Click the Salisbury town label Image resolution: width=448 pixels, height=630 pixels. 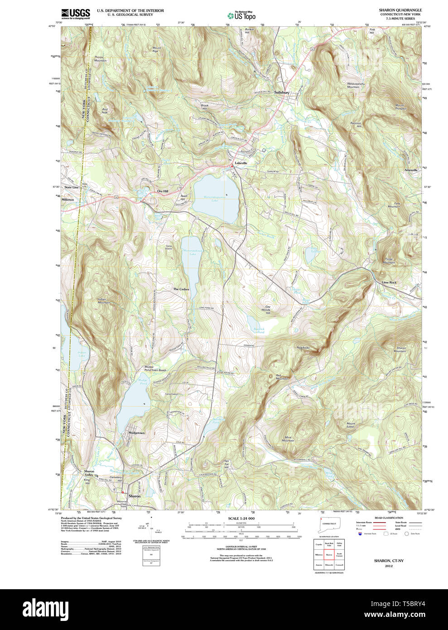pyautogui.click(x=281, y=92)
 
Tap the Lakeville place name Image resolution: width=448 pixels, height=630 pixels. pyautogui.click(x=241, y=163)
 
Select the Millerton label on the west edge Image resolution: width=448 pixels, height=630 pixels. pyautogui.click(x=68, y=199)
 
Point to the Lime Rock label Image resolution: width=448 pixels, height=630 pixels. pyautogui.click(x=389, y=282)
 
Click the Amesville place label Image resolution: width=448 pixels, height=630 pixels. pyautogui.click(x=411, y=170)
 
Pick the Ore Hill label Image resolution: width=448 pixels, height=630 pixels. pyautogui.click(x=163, y=191)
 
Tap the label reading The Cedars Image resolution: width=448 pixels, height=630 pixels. pyautogui.click(x=181, y=289)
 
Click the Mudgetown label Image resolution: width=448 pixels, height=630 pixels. pyautogui.click(x=136, y=433)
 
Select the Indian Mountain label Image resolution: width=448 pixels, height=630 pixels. pyautogui.click(x=104, y=300)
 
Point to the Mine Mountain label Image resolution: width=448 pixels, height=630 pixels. pyautogui.click(x=288, y=439)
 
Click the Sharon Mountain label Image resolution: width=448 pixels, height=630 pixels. pyautogui.click(x=400, y=349)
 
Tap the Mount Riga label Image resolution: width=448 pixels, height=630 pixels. pyautogui.click(x=156, y=49)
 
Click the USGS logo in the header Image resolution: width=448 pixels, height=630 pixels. pyautogui.click(x=76, y=14)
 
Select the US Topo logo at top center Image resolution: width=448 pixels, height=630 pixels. pyautogui.click(x=241, y=15)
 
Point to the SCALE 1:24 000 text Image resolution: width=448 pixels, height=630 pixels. pyautogui.click(x=241, y=519)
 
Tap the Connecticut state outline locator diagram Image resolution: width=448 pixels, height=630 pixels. pyautogui.click(x=328, y=524)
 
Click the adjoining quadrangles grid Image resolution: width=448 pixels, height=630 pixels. pyautogui.click(x=329, y=554)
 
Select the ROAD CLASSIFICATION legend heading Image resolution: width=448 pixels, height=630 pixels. pyautogui.click(x=389, y=518)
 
